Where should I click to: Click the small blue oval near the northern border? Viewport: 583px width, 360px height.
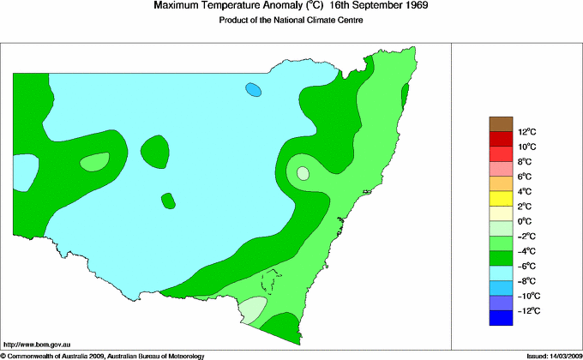point(253,89)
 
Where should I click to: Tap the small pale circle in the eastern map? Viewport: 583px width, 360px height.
point(303,173)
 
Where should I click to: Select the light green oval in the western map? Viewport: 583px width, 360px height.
point(95,161)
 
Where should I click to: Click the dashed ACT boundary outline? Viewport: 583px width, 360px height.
point(272,282)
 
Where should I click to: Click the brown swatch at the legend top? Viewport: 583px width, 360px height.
point(501,124)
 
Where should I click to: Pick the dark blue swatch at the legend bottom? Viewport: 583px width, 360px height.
point(501,318)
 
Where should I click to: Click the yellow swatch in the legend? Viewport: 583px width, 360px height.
point(501,199)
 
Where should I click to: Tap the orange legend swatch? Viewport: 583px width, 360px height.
point(501,183)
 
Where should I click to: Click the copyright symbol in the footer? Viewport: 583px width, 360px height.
point(3,355)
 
